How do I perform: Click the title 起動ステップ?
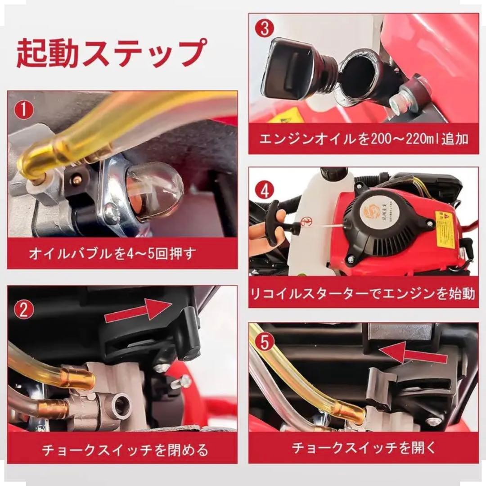(x=110, y=53)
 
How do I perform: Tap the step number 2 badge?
(x=23, y=310)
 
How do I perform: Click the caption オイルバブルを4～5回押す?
(x=112, y=253)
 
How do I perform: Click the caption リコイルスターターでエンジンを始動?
(x=364, y=294)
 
